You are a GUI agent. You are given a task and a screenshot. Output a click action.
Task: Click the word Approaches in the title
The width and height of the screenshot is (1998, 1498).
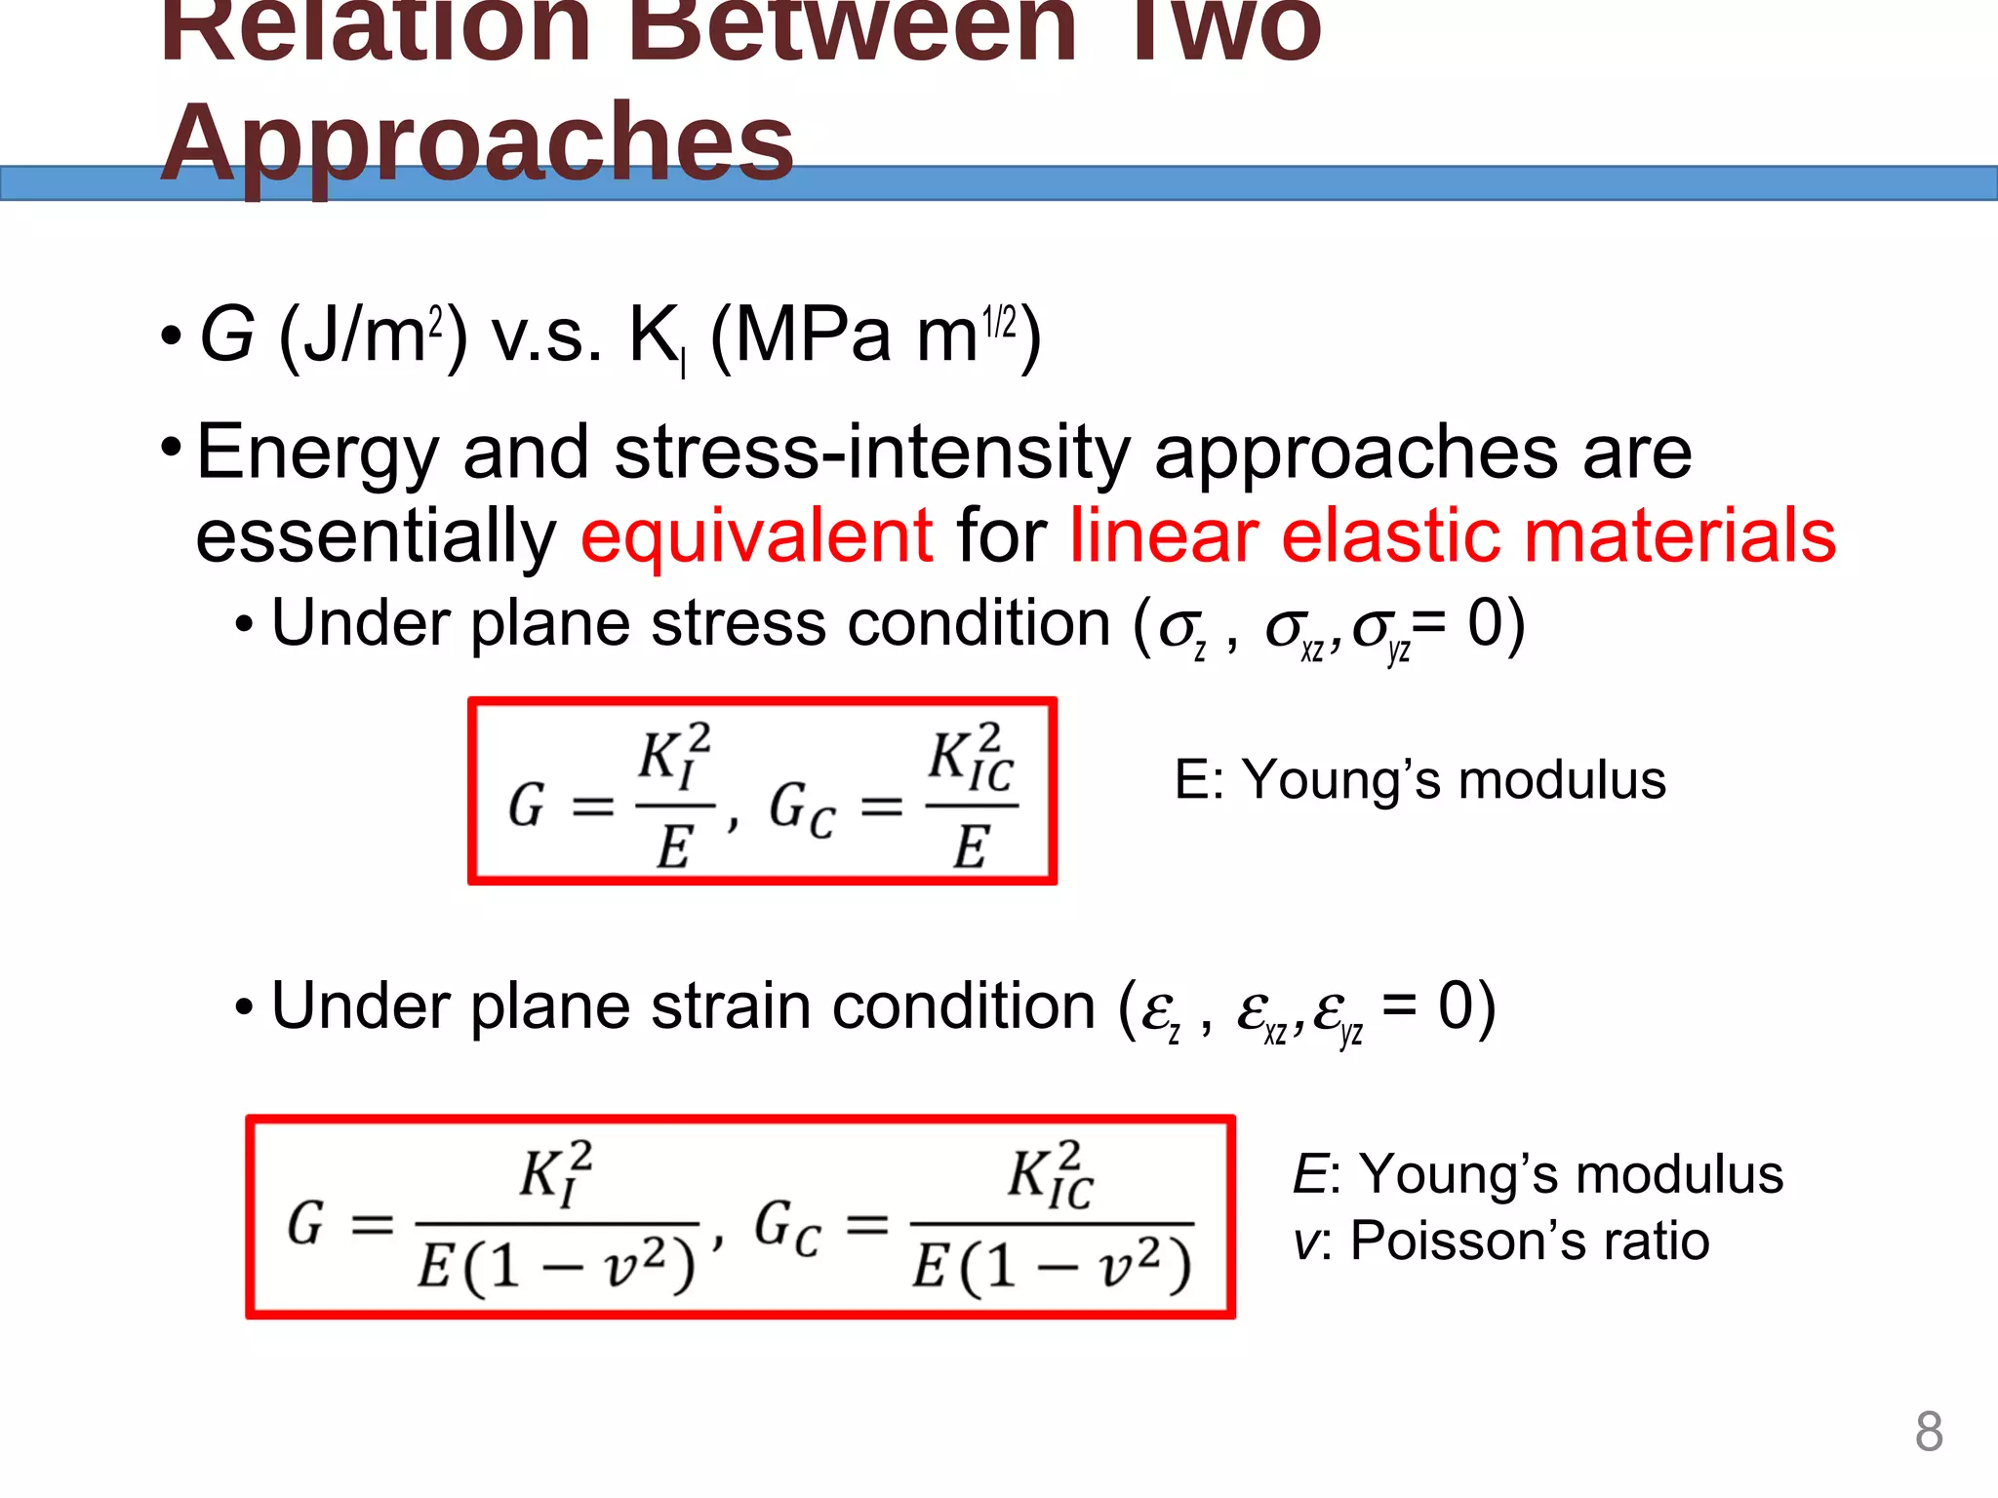tap(477, 144)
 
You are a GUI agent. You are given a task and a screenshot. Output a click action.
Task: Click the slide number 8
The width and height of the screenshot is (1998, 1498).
tap(1928, 1432)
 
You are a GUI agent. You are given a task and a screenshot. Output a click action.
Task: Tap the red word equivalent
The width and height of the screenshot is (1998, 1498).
tap(757, 535)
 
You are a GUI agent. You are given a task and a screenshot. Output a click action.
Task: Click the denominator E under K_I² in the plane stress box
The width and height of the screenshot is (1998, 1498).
tap(674, 846)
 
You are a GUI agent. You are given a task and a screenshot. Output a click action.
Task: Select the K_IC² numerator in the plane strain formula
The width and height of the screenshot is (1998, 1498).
tap(1051, 1174)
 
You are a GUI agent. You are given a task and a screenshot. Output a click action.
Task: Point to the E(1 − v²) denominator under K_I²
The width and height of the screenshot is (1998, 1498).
tap(556, 1266)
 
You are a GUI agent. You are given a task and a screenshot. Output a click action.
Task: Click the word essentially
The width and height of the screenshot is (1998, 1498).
tap(377, 535)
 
